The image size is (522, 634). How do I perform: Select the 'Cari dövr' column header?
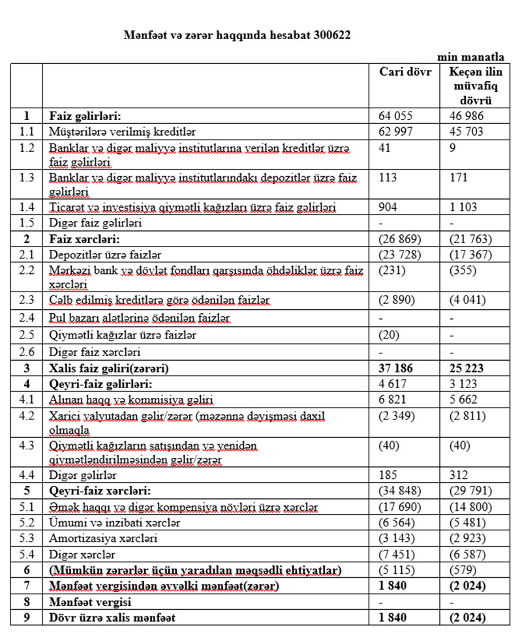click(x=405, y=72)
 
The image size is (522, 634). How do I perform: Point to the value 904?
click(x=388, y=207)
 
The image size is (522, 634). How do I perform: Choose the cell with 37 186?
click(x=395, y=367)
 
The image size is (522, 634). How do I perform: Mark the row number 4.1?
click(x=26, y=399)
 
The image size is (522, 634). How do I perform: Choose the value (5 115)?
click(x=397, y=570)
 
